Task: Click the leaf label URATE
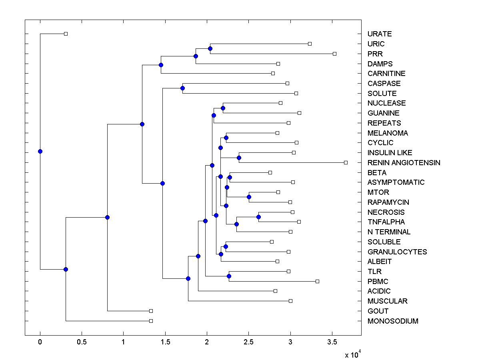click(x=380, y=34)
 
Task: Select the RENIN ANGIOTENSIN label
click(x=404, y=163)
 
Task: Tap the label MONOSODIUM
click(x=393, y=321)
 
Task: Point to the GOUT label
click(x=378, y=311)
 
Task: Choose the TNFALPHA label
click(x=386, y=222)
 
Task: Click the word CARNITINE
click(x=386, y=74)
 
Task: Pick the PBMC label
click(x=378, y=282)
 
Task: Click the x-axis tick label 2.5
click(x=248, y=342)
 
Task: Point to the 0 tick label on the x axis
click(x=40, y=342)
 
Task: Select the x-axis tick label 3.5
click(x=332, y=342)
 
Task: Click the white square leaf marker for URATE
click(x=66, y=34)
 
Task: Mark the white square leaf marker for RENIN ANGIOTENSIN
click(x=346, y=162)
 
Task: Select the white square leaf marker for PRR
click(x=335, y=54)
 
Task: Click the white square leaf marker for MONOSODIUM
click(x=151, y=321)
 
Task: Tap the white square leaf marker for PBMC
click(x=317, y=281)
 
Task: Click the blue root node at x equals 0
click(x=40, y=151)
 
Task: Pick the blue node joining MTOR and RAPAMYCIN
click(x=249, y=197)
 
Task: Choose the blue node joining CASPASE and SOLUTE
click(x=182, y=88)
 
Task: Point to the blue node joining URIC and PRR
click(x=210, y=49)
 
